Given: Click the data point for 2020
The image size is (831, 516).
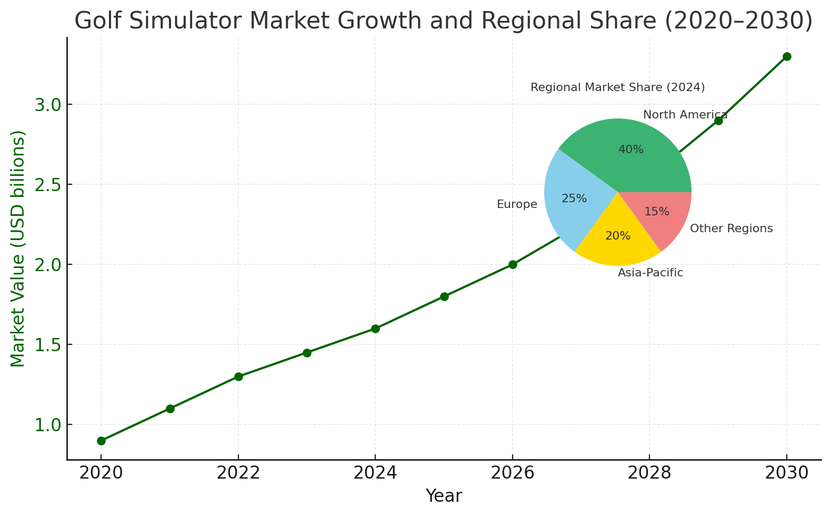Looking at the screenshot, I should tap(101, 441).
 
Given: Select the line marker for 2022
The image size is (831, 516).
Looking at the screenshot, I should tap(238, 376).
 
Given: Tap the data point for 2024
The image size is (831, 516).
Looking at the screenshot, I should tap(375, 329).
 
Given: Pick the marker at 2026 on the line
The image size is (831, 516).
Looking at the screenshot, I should tap(513, 264).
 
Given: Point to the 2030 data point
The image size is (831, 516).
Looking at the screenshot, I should tap(787, 56).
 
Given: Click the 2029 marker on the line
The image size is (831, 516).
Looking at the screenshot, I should tap(718, 121).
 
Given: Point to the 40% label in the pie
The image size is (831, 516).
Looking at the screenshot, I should tap(631, 150).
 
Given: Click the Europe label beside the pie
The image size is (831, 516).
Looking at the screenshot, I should tap(517, 204).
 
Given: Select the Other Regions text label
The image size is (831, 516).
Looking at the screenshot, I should tap(731, 229).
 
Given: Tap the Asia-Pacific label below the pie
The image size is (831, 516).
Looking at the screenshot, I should tap(650, 273).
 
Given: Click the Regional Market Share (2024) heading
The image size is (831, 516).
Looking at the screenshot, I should tap(617, 87).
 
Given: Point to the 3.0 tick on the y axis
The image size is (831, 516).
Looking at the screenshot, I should tap(47, 105).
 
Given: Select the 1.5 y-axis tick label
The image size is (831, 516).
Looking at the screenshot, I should tap(47, 345).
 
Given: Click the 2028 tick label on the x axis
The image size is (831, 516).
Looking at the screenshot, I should tap(649, 473).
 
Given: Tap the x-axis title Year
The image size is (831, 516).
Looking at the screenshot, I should tap(444, 496).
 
